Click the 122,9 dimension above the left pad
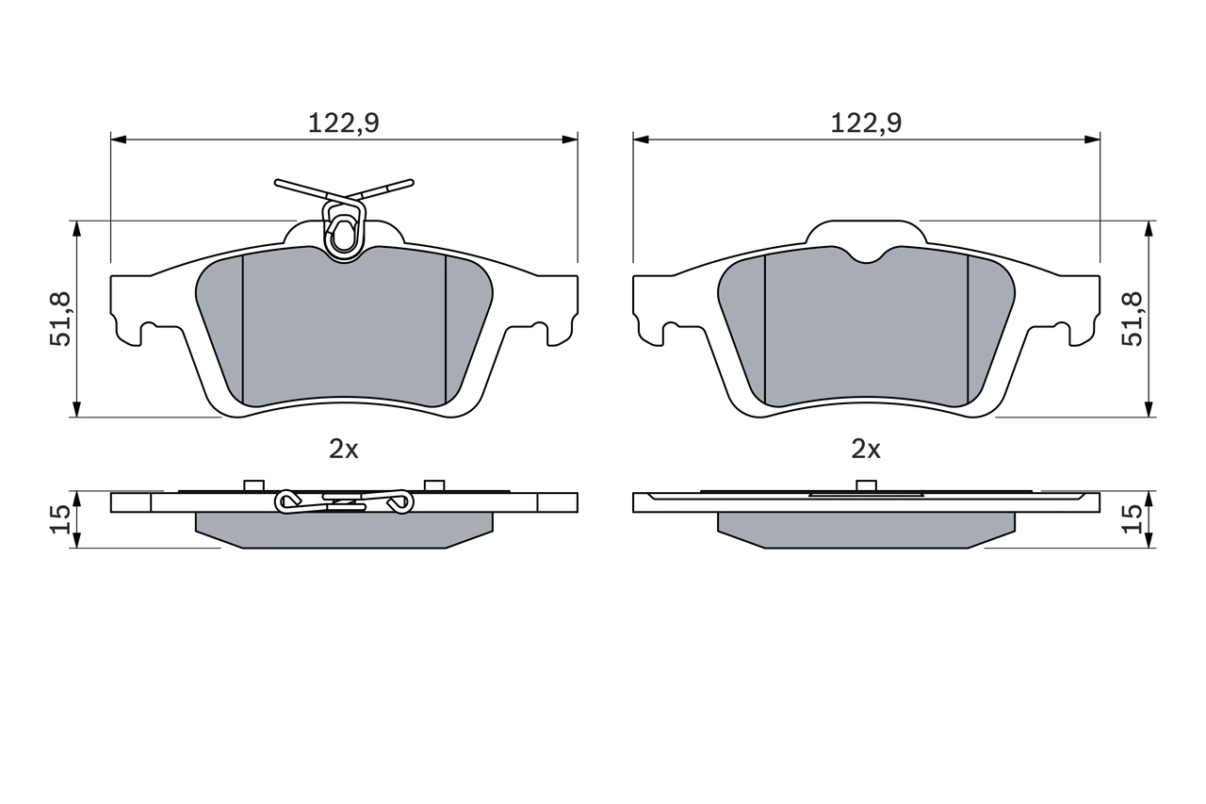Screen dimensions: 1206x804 pyautogui.click(x=344, y=123)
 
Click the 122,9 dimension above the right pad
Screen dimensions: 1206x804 pyautogui.click(x=866, y=123)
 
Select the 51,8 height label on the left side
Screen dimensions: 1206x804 pyautogui.click(x=60, y=319)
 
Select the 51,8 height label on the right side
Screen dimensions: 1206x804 pyautogui.click(x=1132, y=319)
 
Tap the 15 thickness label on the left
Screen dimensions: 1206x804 pyautogui.click(x=60, y=519)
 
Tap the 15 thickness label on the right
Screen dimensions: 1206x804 pyautogui.click(x=1132, y=519)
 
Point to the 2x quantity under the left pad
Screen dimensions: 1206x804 pyautogui.click(x=344, y=449)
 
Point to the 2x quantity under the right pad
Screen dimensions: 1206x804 pyautogui.click(x=866, y=449)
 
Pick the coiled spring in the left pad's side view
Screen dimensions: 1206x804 pyautogui.click(x=344, y=502)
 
